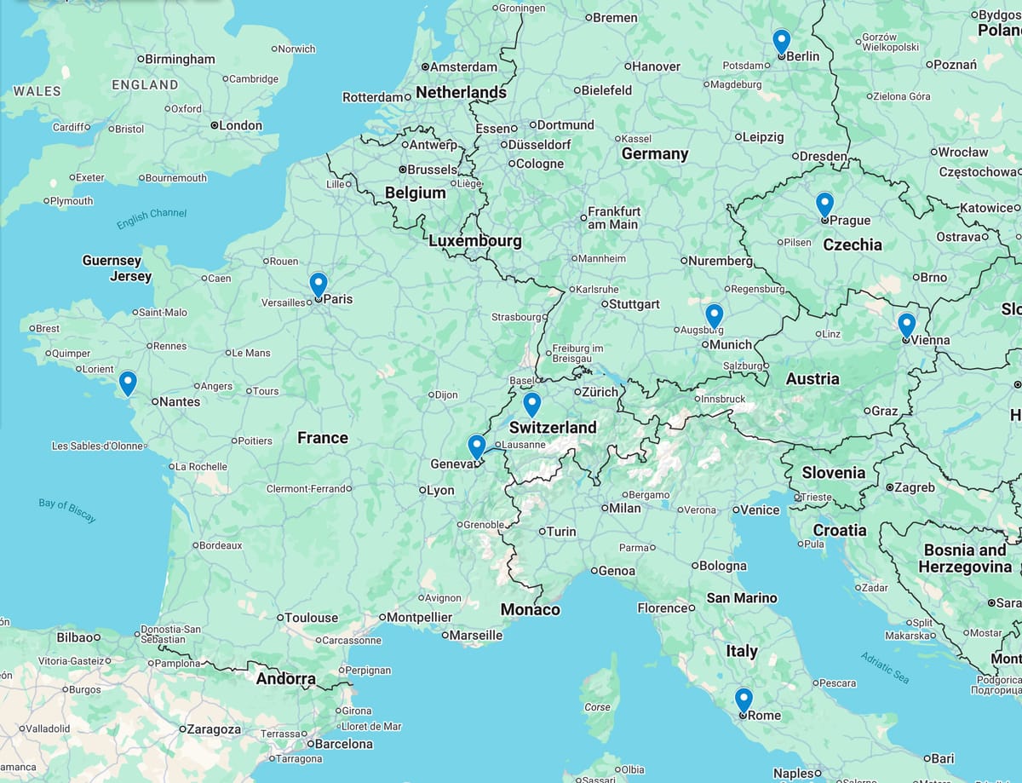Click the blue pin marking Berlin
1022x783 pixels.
[781, 40]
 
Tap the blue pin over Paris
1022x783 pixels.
[318, 283]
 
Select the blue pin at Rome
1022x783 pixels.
[744, 700]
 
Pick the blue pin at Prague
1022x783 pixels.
[824, 204]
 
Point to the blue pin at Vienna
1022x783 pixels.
[906, 325]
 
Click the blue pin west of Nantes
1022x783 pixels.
[128, 383]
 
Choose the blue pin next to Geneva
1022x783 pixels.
[477, 446]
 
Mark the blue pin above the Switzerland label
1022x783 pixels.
[532, 404]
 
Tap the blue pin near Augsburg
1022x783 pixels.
[714, 315]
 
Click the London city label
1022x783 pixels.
[240, 125]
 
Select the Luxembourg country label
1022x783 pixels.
[474, 241]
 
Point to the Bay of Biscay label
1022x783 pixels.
[67, 510]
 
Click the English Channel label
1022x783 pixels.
[152, 218]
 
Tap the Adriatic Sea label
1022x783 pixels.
[885, 668]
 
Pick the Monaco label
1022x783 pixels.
[530, 609]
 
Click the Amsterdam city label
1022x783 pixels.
[462, 66]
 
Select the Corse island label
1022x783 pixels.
[597, 707]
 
